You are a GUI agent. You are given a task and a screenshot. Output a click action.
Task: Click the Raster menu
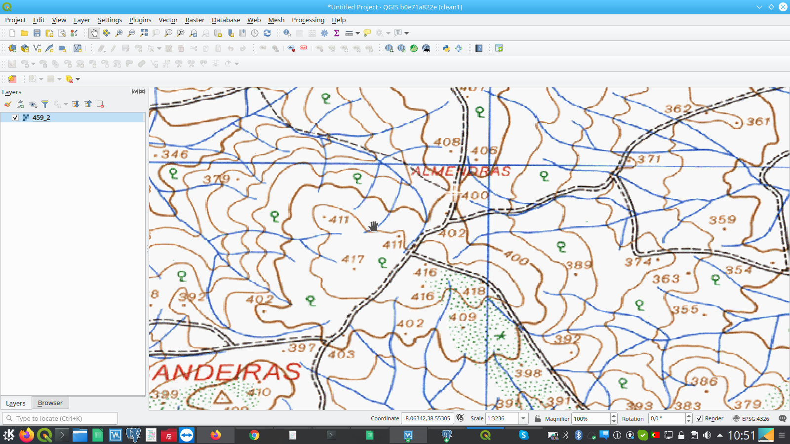195,20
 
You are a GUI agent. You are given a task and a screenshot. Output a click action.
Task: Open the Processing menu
308,20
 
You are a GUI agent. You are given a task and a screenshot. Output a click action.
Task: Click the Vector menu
168,20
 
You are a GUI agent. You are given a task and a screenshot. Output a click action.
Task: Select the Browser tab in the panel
50,403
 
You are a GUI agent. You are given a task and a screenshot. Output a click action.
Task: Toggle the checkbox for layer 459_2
15,117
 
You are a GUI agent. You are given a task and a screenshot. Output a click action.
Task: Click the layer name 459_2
41,118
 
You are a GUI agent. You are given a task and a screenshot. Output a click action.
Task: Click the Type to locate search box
60,418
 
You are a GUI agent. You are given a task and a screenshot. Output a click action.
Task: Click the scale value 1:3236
502,418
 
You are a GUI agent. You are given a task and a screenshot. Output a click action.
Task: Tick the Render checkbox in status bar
699,418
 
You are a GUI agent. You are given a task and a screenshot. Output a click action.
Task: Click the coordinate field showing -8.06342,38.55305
427,418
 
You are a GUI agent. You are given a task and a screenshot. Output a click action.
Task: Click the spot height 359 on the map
722,220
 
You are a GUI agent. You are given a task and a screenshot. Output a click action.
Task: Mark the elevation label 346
174,154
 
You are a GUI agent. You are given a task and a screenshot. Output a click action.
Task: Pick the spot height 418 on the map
474,291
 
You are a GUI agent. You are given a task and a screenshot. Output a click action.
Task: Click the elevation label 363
666,279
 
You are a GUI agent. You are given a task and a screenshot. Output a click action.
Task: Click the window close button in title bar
783,7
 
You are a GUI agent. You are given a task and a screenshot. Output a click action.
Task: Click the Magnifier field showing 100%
591,418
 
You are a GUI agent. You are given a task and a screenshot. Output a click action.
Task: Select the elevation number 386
704,381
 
